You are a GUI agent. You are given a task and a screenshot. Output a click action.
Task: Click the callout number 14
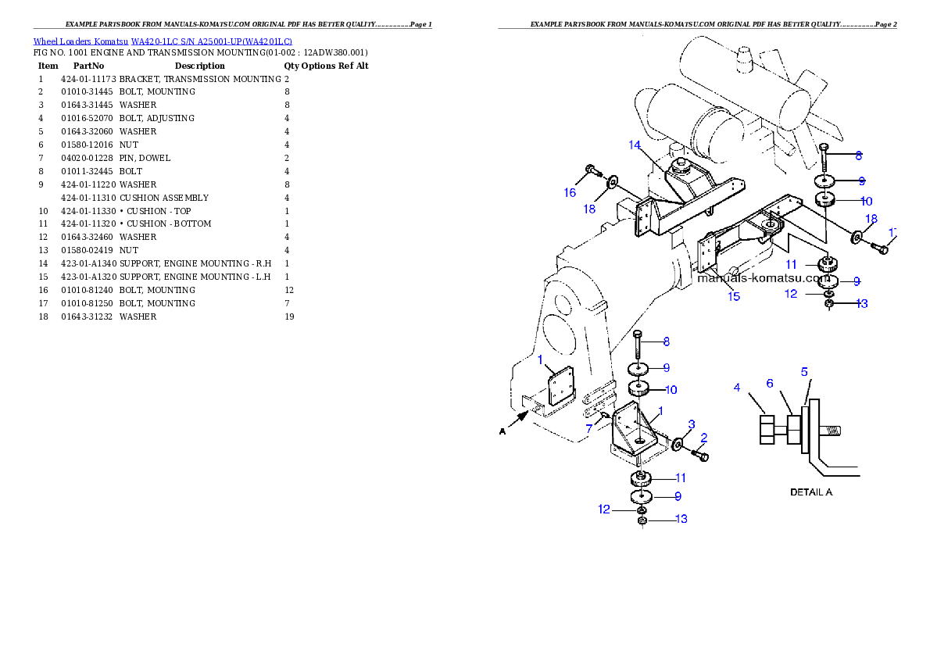pos(634,145)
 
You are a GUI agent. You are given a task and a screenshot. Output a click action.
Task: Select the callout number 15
pos(733,297)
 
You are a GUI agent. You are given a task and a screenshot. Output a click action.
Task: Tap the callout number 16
pos(570,192)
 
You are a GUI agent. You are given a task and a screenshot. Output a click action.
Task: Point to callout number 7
pos(588,428)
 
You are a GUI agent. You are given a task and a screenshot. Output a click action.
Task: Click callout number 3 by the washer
pos(691,424)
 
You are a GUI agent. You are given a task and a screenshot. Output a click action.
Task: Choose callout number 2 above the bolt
pos(704,438)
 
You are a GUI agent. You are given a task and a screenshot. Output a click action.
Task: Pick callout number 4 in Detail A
pos(736,387)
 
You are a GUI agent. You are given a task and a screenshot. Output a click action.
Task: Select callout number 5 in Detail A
pos(804,372)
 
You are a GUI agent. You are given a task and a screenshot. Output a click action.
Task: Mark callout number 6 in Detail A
pos(770,383)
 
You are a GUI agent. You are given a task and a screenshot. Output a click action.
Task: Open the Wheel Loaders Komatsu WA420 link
pos(163,41)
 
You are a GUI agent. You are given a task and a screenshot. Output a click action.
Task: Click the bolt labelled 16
pos(591,170)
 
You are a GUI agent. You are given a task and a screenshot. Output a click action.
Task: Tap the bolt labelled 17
pos(880,248)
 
